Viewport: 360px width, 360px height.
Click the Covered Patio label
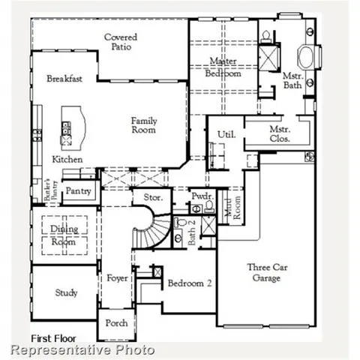click(119, 42)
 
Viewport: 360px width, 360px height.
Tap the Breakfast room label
click(64, 79)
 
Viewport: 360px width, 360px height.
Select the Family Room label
click(143, 125)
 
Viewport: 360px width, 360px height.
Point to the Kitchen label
click(67, 160)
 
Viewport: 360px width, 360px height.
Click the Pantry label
click(79, 191)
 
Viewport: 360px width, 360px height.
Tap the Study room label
click(66, 293)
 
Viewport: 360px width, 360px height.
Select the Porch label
click(115, 324)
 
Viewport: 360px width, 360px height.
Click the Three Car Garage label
click(264, 272)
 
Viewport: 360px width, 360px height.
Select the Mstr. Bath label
click(292, 80)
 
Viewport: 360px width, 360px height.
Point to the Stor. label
click(142, 198)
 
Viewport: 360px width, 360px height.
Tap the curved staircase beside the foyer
click(146, 229)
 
